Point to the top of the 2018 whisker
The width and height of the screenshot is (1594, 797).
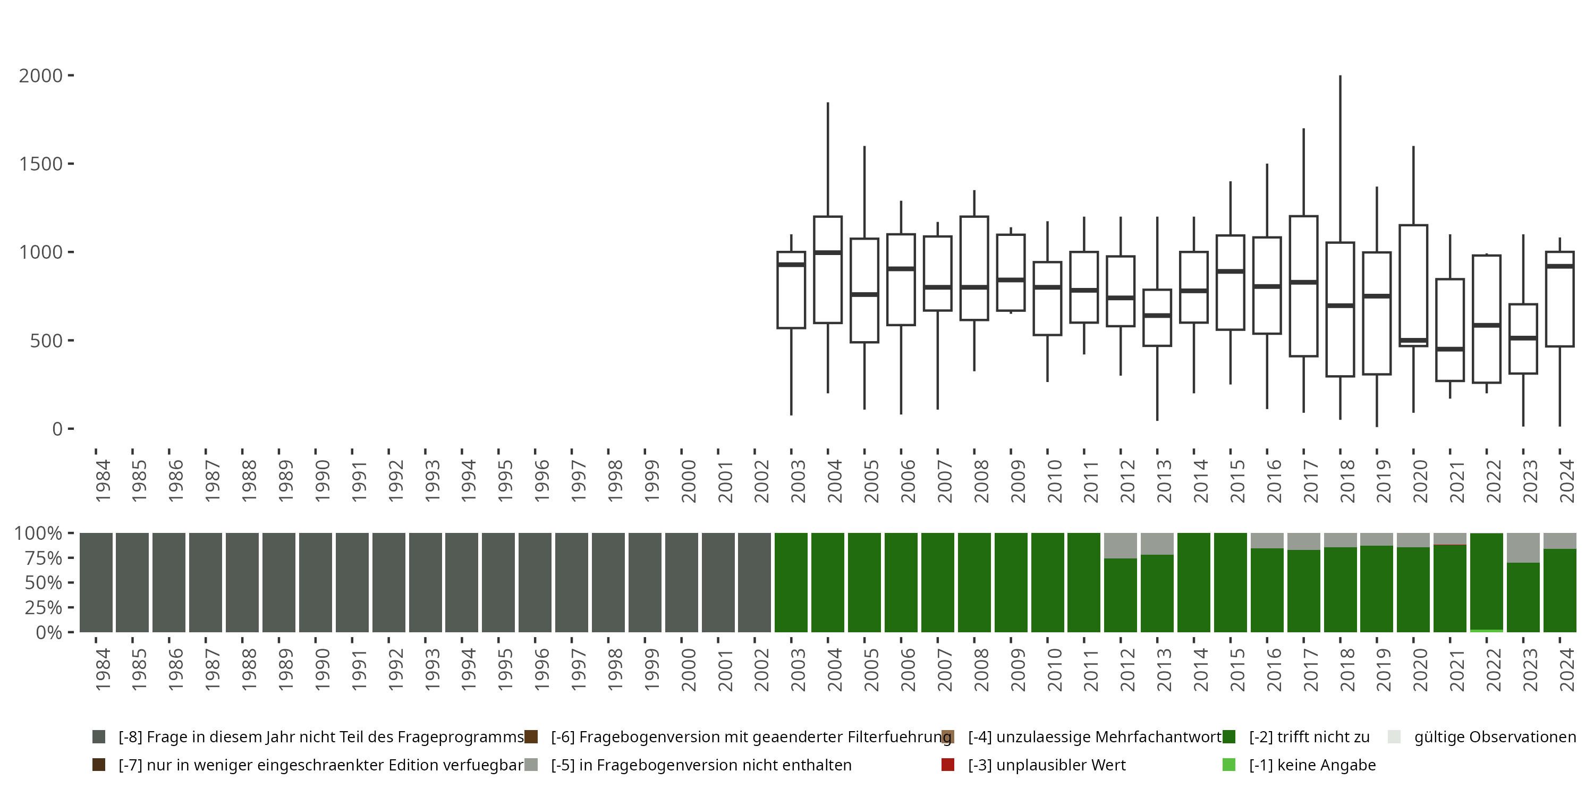click(1341, 77)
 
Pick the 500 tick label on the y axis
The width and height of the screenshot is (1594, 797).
click(46, 341)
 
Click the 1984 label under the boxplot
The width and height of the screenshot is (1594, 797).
click(103, 481)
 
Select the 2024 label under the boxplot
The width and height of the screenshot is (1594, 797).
click(1567, 481)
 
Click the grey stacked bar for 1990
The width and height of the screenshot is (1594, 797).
click(316, 582)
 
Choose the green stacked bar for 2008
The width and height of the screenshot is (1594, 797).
click(974, 582)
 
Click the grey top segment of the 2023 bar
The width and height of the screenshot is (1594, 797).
click(1523, 548)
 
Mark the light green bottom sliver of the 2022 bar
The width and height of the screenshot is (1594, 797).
click(1486, 631)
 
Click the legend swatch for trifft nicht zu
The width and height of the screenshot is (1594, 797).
click(1229, 737)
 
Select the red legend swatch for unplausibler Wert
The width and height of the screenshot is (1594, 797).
click(947, 765)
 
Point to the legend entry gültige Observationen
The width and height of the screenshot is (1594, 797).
click(1494, 737)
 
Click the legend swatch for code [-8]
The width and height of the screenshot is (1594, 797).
click(98, 737)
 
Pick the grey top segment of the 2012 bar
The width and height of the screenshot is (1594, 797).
click(1121, 545)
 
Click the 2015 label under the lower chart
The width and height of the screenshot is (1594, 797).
click(1237, 669)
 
